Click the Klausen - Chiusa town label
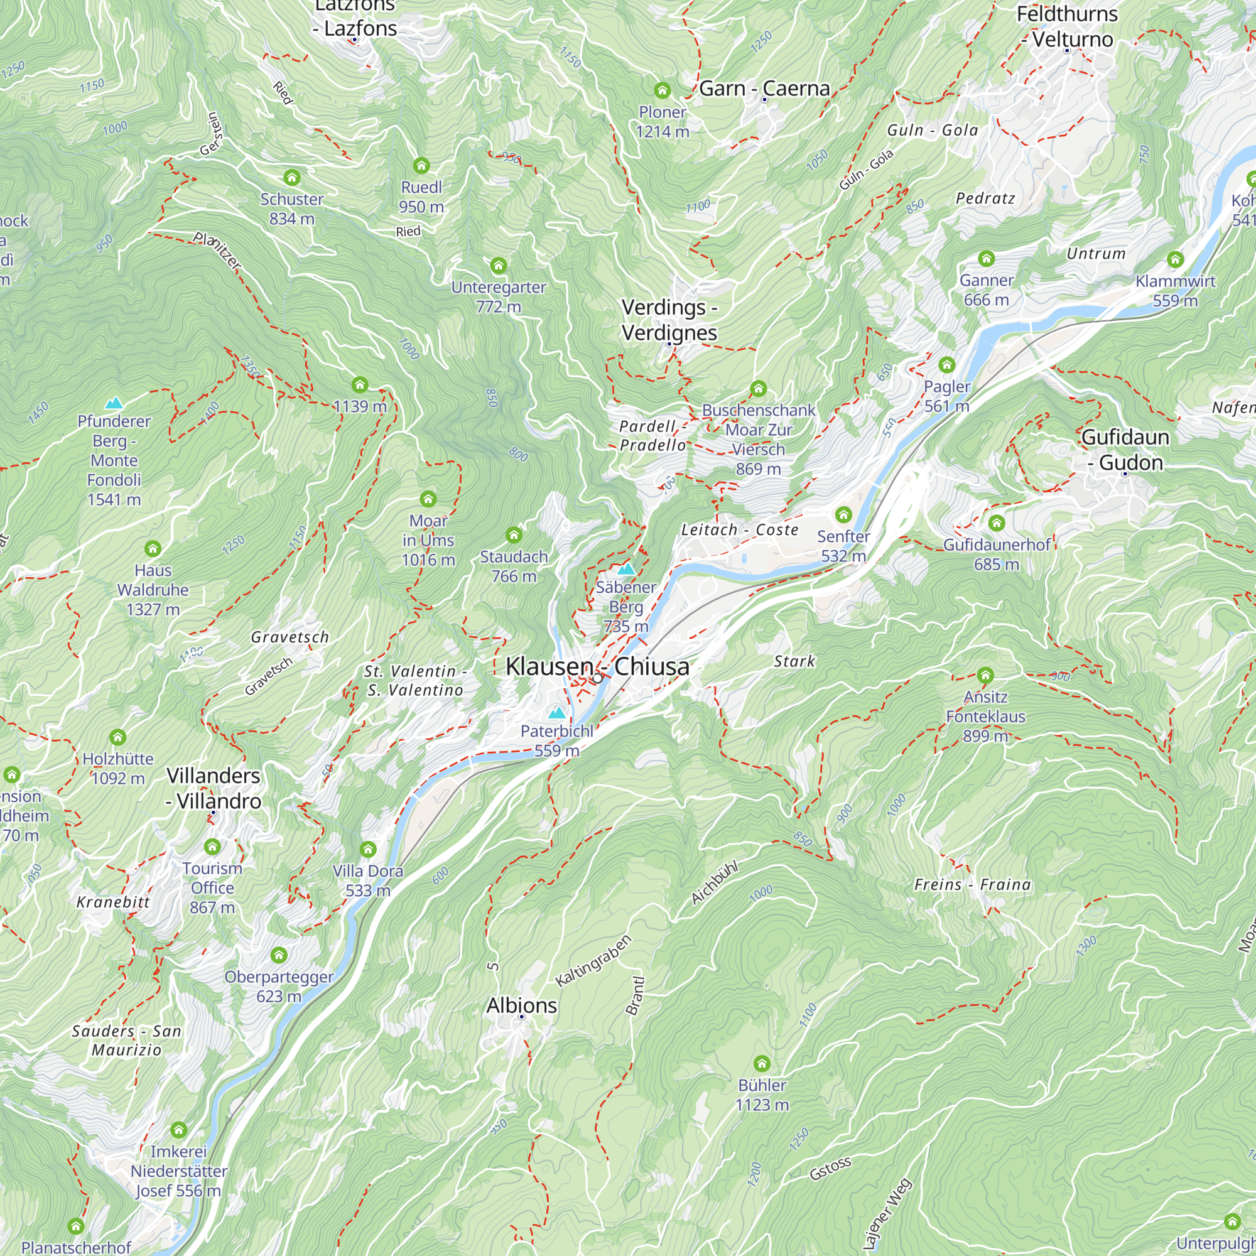597,666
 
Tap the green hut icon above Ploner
662,90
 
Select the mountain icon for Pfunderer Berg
114,403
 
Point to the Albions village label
521,1005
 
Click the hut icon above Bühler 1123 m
762,1064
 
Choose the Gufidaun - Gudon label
1125,450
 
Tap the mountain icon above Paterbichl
556,713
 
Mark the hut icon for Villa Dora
368,849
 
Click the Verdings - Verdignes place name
669,320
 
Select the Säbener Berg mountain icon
625,569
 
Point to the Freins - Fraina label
973,885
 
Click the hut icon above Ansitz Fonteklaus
985,675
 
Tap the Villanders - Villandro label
214,788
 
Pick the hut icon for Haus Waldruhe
153,549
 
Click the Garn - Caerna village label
764,89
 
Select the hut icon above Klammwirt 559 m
1175,259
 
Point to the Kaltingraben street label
593,961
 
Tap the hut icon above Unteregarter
499,265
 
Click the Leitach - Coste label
740,530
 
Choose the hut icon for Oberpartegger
279,955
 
